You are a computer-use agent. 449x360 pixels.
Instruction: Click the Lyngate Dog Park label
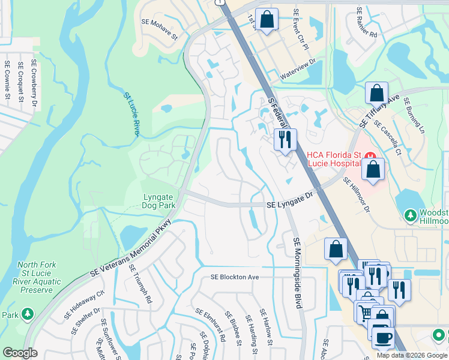(x=159, y=201)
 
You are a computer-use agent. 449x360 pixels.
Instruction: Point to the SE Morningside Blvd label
(x=297, y=273)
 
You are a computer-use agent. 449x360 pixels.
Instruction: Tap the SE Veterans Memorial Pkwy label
(x=131, y=247)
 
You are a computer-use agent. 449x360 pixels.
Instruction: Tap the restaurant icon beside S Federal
(x=284, y=139)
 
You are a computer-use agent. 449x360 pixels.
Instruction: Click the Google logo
(x=20, y=353)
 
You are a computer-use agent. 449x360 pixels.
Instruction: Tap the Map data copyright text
(x=411, y=355)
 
